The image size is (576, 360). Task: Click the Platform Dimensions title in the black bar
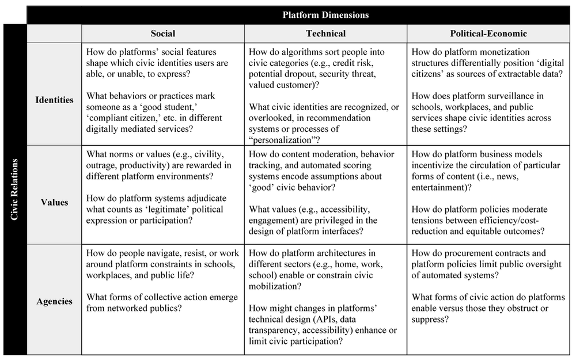coord(325,14)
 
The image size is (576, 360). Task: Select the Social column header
coord(162,33)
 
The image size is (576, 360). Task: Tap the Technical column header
coord(326,33)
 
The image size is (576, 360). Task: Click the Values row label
coord(55,202)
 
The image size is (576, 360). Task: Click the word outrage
coord(101,165)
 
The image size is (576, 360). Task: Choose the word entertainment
coord(443,187)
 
